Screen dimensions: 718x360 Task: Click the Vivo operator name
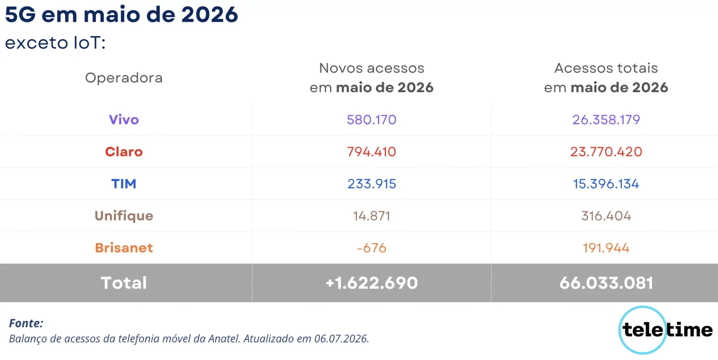pos(124,119)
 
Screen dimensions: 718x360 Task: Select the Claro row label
pos(124,152)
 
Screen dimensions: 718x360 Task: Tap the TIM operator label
pos(124,184)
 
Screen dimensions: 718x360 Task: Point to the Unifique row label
pos(124,216)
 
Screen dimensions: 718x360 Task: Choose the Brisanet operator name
pos(124,248)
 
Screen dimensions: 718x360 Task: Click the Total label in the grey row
pos(124,283)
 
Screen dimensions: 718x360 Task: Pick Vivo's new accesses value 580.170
pos(372,119)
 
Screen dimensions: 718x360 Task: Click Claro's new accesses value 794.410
pos(372,152)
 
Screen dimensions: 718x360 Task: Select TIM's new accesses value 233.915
pos(372,184)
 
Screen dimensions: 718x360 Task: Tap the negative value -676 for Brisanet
pos(372,248)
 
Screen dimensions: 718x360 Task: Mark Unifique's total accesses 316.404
pos(606,216)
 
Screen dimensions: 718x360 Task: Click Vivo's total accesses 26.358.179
pos(606,119)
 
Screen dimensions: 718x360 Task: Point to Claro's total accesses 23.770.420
pos(606,152)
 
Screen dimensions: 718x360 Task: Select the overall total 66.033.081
pos(606,283)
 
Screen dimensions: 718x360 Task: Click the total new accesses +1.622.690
pos(372,283)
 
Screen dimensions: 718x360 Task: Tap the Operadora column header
pos(124,78)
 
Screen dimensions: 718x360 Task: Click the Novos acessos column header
pos(372,78)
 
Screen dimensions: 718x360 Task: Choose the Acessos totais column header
pos(606,78)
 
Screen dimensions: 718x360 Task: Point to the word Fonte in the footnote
pos(26,323)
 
